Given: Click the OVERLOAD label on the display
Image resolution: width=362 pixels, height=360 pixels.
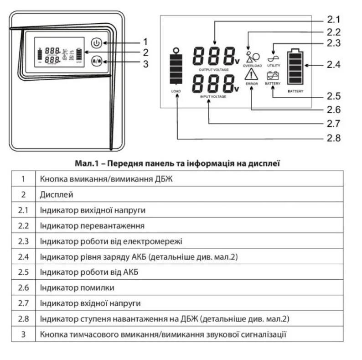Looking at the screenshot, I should [x=252, y=66].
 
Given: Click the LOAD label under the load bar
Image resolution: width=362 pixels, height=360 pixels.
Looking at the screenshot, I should [x=176, y=91].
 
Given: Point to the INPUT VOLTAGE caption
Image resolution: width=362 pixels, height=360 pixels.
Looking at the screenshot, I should [x=213, y=97].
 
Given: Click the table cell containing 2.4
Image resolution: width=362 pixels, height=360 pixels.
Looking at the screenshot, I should [x=23, y=257].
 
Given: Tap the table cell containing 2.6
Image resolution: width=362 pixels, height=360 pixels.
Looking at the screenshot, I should [x=23, y=288].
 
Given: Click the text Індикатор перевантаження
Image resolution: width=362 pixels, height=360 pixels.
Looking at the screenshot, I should [x=92, y=226].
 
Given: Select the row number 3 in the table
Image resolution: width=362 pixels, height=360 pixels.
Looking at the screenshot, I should [x=23, y=334].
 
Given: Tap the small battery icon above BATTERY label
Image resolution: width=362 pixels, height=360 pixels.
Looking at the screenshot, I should [x=273, y=76].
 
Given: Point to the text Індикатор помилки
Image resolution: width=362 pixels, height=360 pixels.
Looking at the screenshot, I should [x=77, y=288].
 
